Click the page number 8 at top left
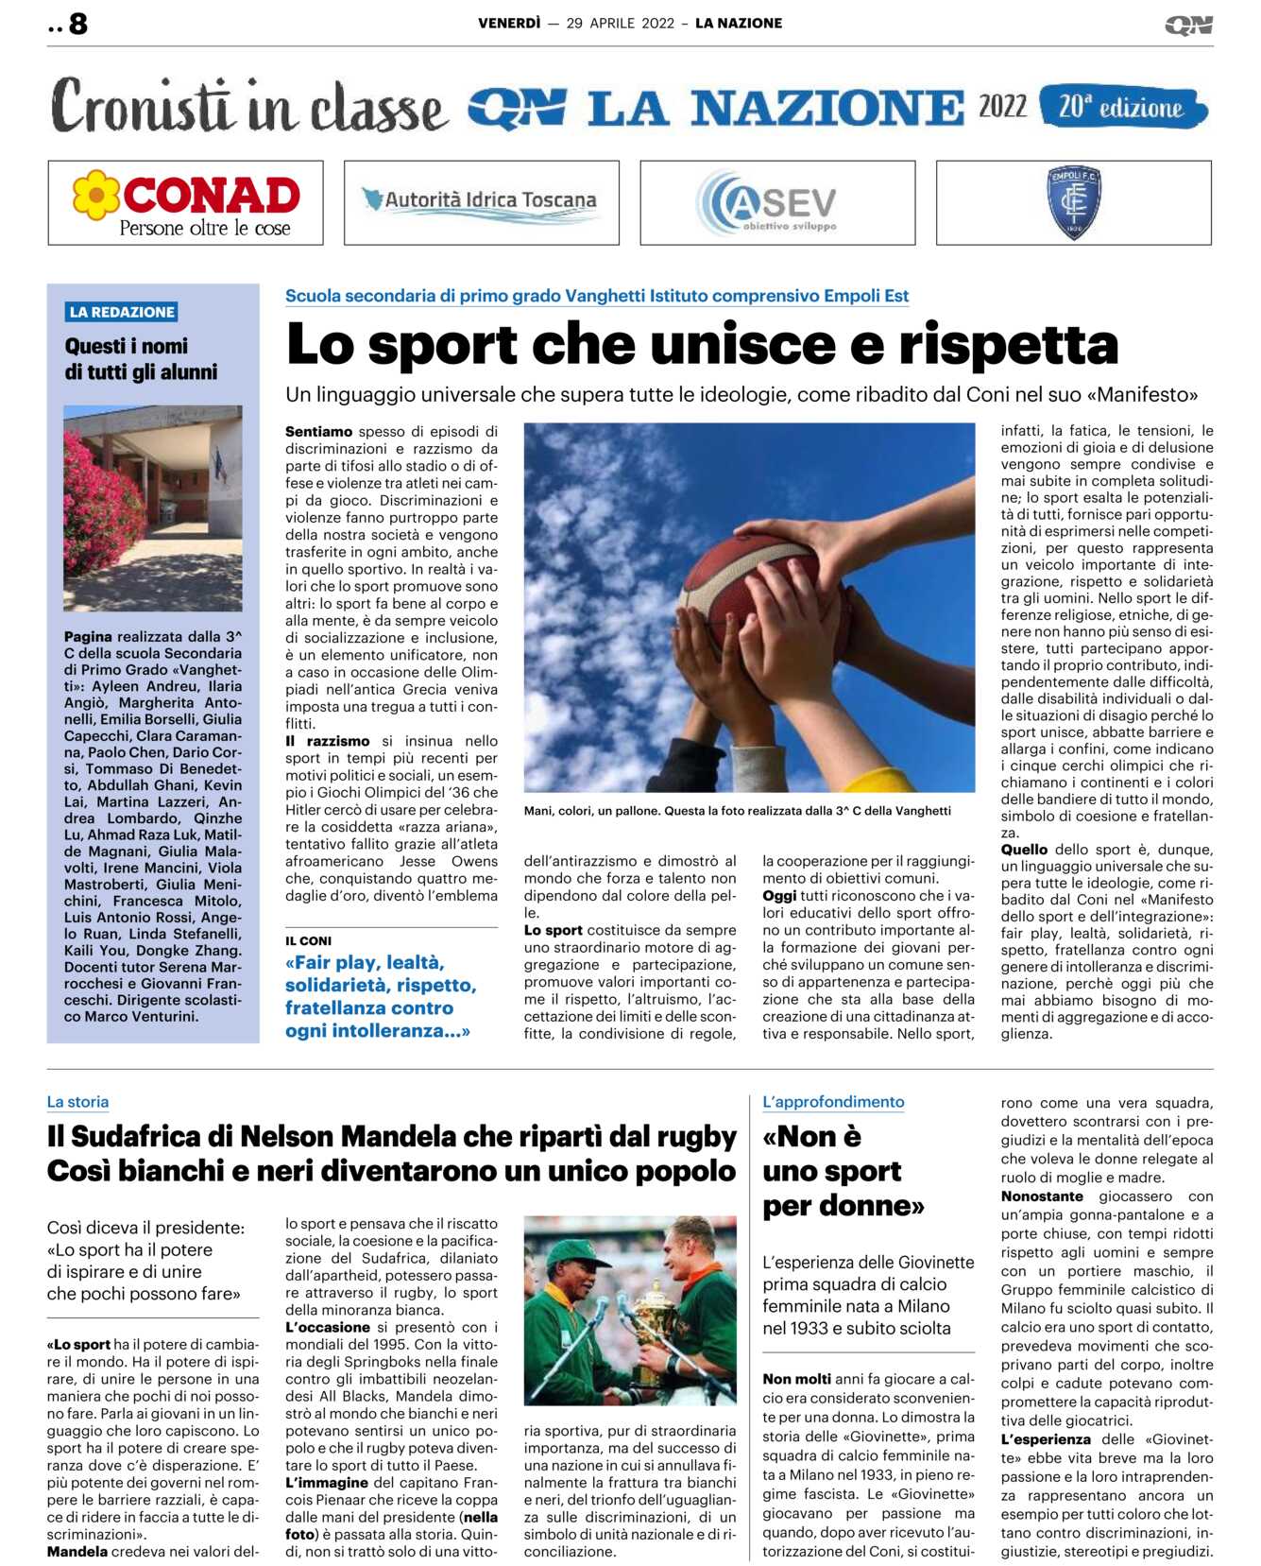pos(77,24)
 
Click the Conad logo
pos(186,203)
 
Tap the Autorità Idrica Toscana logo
pos(481,202)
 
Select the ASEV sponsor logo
pos(776,202)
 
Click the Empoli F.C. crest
pos(1073,202)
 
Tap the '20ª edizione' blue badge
pos(1122,108)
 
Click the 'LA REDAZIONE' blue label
pos(122,312)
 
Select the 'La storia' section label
pos(77,1102)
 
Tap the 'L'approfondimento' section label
pos(833,1102)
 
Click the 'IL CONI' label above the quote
pos(308,940)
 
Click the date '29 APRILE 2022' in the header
pos(620,24)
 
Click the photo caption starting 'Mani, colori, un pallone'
pos(737,811)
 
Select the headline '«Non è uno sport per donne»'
pos(843,1171)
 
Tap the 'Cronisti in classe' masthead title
pos(248,107)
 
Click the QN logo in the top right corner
pos(1188,26)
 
